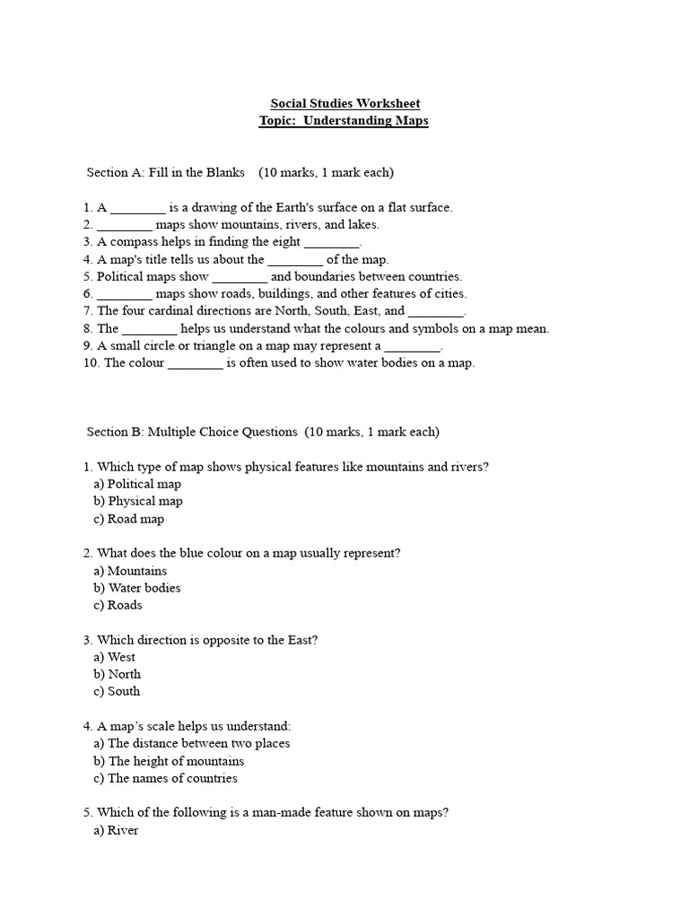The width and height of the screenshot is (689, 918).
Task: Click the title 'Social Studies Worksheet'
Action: point(344,104)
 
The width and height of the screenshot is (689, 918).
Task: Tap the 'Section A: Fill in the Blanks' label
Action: point(165,172)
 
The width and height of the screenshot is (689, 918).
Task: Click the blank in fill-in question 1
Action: point(137,208)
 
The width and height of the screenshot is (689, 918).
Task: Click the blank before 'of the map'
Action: point(295,260)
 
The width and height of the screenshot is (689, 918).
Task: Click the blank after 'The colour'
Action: point(195,364)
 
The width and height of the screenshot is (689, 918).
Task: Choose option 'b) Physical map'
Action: point(138,501)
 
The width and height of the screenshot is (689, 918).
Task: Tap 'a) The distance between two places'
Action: point(192,743)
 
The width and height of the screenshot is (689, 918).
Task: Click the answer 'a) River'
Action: point(117,830)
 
